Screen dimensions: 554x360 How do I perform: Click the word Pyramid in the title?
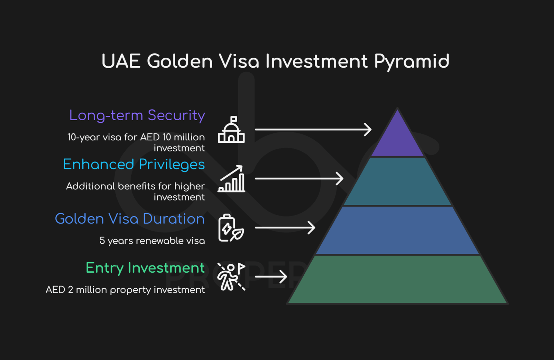(x=412, y=62)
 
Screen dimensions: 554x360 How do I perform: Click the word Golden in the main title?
(x=180, y=61)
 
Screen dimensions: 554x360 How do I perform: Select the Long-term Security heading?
(x=137, y=115)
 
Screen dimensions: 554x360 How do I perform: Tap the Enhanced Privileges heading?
(x=134, y=165)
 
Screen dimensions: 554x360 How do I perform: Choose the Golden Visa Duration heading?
(x=130, y=219)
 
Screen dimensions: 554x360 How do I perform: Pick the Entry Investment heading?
(x=145, y=268)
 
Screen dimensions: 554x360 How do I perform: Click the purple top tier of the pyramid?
(x=397, y=139)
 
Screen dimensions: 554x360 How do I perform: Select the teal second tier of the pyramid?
(x=397, y=181)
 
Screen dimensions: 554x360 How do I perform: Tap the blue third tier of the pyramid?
(x=397, y=230)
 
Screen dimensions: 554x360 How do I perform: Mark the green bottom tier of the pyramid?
(x=397, y=279)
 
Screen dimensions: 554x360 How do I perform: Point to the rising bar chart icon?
(x=231, y=178)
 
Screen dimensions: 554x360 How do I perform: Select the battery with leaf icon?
(x=231, y=228)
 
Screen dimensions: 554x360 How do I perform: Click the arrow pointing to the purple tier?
(x=313, y=129)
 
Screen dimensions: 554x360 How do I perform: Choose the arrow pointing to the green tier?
(x=271, y=276)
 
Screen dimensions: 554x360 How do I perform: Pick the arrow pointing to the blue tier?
(x=285, y=227)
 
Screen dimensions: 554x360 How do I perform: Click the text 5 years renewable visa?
(x=152, y=241)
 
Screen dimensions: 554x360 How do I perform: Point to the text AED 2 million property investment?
(x=125, y=290)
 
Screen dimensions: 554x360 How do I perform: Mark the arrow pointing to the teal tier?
(x=299, y=178)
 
